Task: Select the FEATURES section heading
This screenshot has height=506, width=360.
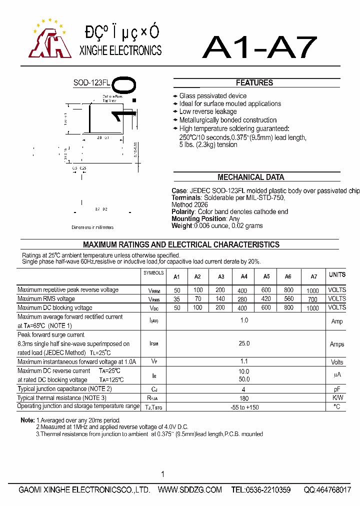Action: (254, 83)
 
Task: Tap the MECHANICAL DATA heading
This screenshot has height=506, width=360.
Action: (250, 177)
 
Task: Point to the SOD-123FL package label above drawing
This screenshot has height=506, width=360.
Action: (92, 83)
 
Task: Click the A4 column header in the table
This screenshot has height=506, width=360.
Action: (243, 276)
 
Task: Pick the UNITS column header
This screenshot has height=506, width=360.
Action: (337, 274)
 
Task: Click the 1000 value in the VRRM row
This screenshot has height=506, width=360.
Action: (312, 290)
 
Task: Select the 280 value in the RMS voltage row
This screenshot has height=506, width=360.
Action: (242, 299)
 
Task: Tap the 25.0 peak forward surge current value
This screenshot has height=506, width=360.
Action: (244, 343)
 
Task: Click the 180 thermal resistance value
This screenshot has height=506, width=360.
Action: (244, 398)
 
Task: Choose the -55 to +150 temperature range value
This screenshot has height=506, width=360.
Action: (244, 407)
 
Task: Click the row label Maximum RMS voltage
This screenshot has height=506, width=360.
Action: (46, 299)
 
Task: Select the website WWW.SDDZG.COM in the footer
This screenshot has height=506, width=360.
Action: (189, 490)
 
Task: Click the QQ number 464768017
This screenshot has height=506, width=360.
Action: (327, 490)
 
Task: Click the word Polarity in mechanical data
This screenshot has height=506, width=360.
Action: (182, 211)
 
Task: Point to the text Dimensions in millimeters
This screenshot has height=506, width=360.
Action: (92, 227)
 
